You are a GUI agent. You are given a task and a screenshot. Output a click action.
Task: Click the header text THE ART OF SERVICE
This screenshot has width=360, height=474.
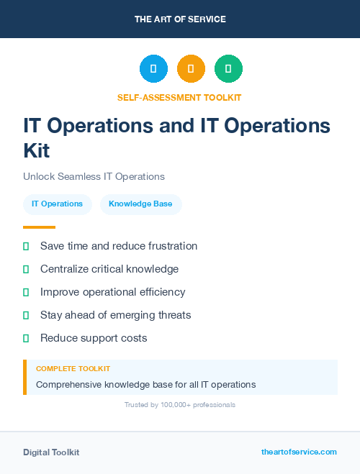point(180,19)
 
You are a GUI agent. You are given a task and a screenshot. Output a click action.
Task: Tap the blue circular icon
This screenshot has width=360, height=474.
point(153,68)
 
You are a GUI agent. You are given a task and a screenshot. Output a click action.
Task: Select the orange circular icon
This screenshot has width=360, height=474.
point(191,68)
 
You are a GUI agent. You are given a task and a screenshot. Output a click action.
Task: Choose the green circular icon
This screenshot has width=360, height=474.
point(228,68)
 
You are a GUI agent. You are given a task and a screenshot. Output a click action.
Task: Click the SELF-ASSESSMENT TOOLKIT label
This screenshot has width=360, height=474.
point(180,97)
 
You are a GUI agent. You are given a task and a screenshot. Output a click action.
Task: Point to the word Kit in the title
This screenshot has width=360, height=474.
point(37,150)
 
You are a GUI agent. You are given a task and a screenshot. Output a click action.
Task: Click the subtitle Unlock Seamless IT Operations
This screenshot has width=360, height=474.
point(94,176)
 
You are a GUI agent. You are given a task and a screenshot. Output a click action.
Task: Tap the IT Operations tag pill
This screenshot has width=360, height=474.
point(57,204)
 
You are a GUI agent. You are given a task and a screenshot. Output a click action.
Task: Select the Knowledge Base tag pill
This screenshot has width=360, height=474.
point(140,204)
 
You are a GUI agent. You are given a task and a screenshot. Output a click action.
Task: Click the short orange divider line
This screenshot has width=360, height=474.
point(39,227)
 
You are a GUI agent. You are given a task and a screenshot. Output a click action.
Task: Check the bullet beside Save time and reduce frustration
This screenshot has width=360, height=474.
point(26,246)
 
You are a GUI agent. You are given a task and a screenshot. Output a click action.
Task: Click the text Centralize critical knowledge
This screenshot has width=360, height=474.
point(109,269)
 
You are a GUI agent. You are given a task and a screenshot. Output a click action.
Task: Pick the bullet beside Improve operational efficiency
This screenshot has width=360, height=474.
point(26,292)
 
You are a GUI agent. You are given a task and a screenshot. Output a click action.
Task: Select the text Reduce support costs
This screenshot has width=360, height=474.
point(94,338)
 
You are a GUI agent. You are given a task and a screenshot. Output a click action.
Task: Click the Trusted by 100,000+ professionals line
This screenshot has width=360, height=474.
point(180,405)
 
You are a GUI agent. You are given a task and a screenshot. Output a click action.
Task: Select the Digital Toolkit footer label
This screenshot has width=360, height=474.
point(51,452)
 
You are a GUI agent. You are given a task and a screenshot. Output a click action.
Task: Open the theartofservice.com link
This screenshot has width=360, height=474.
point(299,452)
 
